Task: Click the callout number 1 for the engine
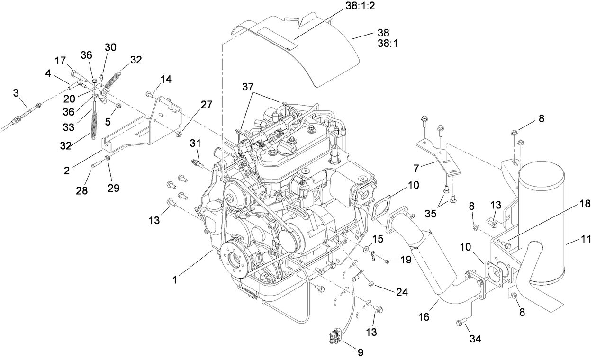pyautogui.click(x=174, y=280)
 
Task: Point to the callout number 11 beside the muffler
pyautogui.click(x=586, y=240)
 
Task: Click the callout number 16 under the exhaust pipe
pyautogui.click(x=424, y=317)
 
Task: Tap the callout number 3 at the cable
pyautogui.click(x=16, y=92)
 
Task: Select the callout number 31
pyautogui.click(x=195, y=143)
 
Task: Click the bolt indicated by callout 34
pyautogui.click(x=460, y=323)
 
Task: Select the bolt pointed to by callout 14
pyautogui.click(x=149, y=95)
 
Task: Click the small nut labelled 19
pyautogui.click(x=387, y=261)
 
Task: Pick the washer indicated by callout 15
pyautogui.click(x=368, y=249)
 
